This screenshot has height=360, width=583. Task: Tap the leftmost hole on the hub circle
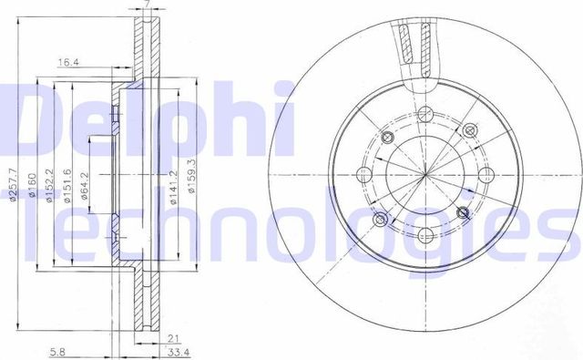(366, 174)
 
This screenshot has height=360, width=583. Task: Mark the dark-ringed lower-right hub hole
(464, 212)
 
